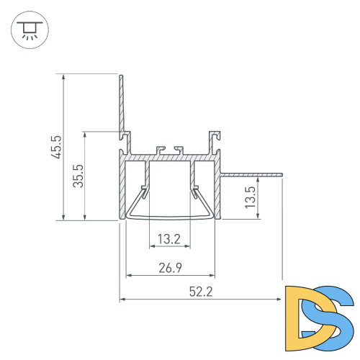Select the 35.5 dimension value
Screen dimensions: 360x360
coord(78,175)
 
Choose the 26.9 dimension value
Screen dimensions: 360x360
coord(170,268)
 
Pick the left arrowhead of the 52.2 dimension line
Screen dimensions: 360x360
coord(122,299)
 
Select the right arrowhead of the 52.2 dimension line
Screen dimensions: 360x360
coord(279,299)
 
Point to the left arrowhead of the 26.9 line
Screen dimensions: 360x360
coord(130,275)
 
